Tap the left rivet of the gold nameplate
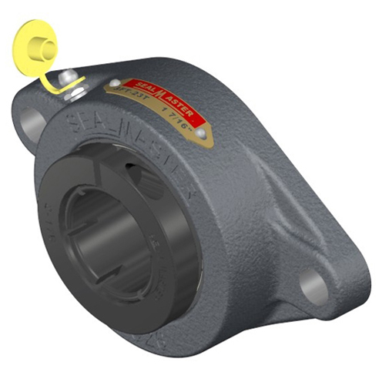pos(115,83)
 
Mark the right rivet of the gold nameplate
pos(203,134)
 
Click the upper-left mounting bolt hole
pos(28,122)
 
